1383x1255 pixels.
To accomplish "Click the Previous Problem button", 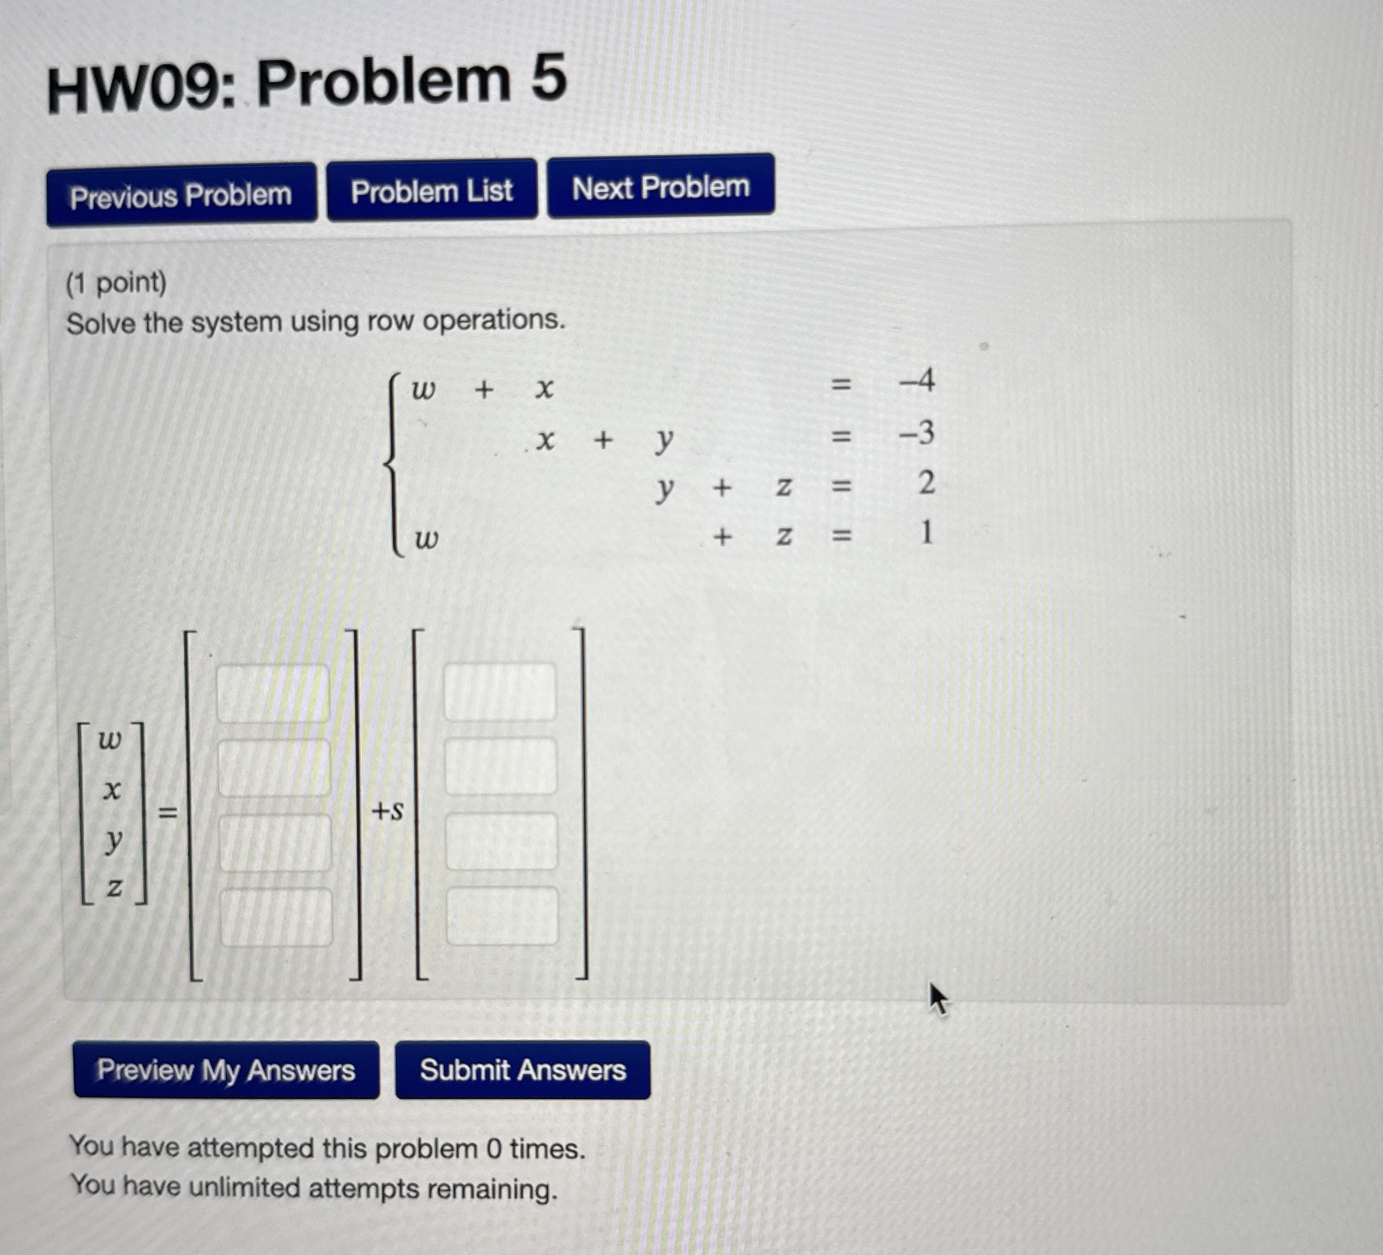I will coord(181,195).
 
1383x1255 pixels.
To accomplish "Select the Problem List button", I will coord(431,191).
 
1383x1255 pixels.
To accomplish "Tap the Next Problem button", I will coord(661,187).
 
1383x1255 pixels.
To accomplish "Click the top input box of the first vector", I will coord(272,693).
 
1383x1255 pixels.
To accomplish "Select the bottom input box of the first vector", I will coord(276,917).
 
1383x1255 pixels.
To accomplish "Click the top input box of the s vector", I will coord(500,691).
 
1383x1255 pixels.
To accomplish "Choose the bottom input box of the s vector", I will coord(502,916).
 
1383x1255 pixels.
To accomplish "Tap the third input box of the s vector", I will coord(501,842).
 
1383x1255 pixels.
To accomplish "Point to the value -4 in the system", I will coord(917,381).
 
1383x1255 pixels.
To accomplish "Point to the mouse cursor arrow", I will coord(937,998).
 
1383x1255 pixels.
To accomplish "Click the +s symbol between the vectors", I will coord(388,812).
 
